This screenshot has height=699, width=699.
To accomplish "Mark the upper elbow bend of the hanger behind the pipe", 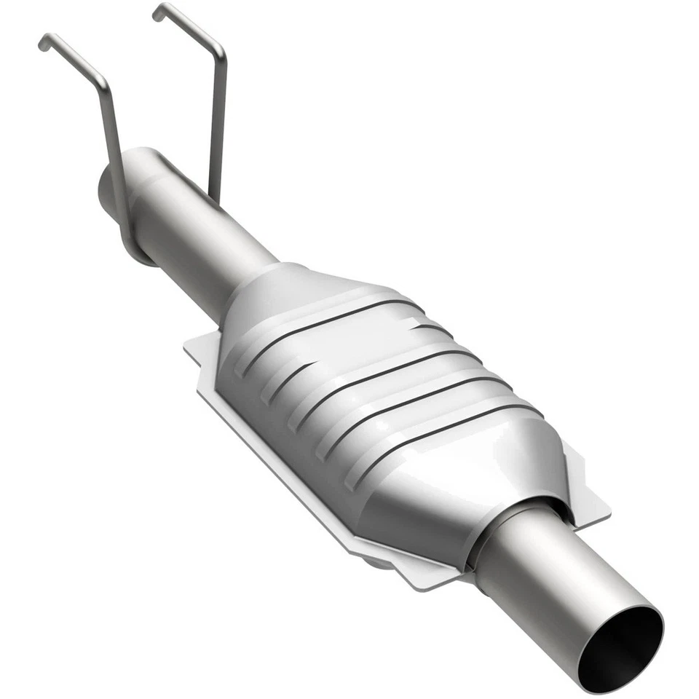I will (217, 50).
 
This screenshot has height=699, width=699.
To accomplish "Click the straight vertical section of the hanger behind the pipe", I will (216, 131).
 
